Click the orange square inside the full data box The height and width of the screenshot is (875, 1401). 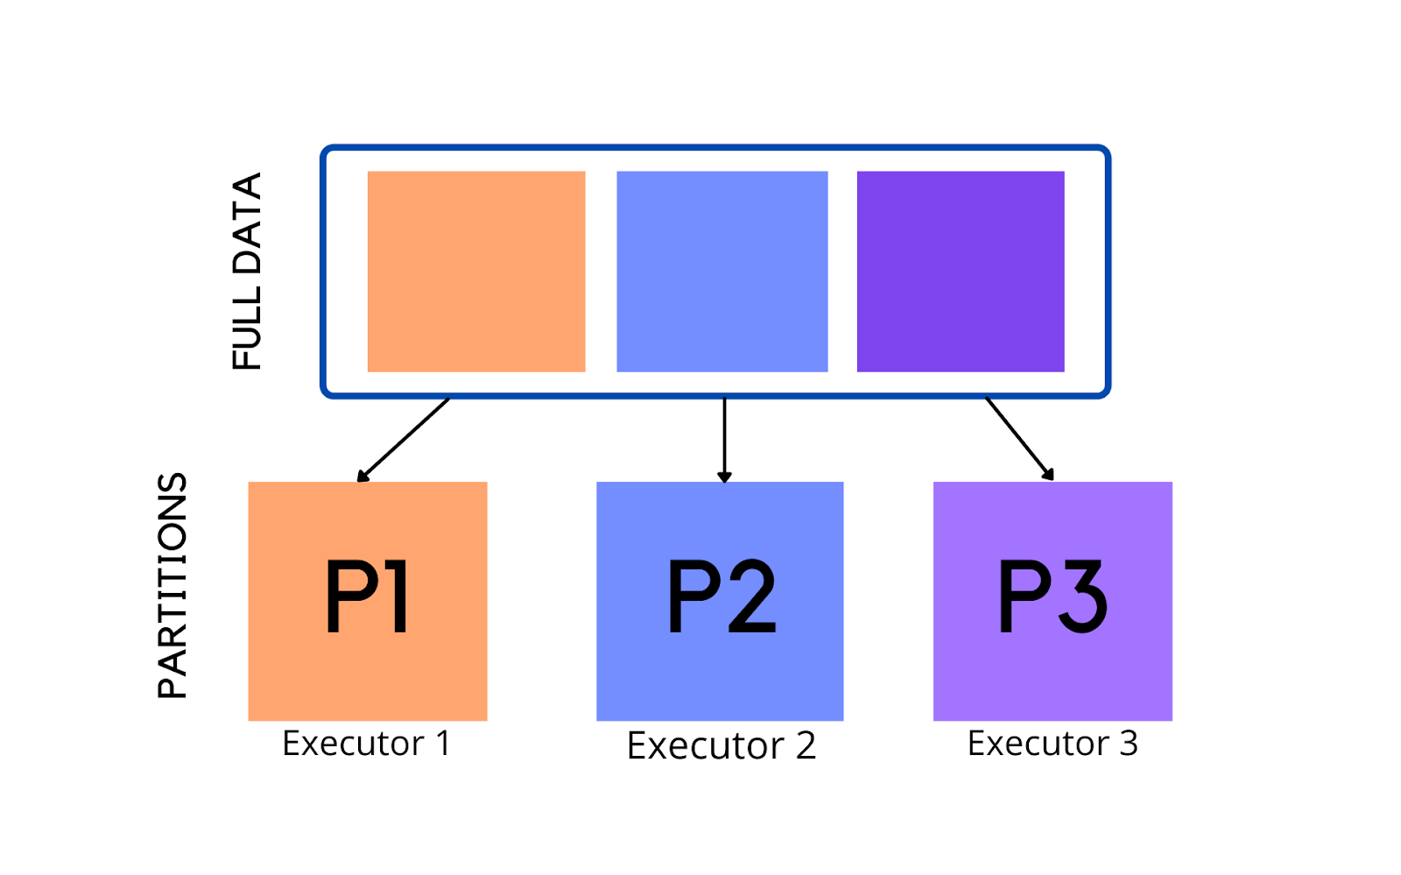coord(475,272)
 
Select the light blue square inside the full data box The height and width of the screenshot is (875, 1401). coord(722,272)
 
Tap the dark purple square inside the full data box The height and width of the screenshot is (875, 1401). coord(961,272)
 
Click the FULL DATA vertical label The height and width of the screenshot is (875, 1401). coord(247,272)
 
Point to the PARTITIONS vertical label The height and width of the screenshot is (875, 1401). coord(172,585)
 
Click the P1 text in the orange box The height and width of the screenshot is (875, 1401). coord(367,597)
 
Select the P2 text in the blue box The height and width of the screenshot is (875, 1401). coord(721,597)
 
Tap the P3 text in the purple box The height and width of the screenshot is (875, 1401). coord(1053,597)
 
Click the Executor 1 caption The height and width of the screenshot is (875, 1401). coord(366,744)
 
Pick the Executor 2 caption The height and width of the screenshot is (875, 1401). coord(721,746)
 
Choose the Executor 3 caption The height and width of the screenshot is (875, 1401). coord(1053,744)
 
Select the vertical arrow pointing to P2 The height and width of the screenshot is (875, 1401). coord(724,438)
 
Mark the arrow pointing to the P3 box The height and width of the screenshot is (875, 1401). coord(1018,438)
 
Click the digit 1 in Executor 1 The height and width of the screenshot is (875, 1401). coord(443,744)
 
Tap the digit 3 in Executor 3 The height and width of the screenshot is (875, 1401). coord(1129,744)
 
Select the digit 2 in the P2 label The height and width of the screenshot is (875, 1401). coord(751,597)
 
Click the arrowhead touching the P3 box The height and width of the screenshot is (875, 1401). coord(1047,474)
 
